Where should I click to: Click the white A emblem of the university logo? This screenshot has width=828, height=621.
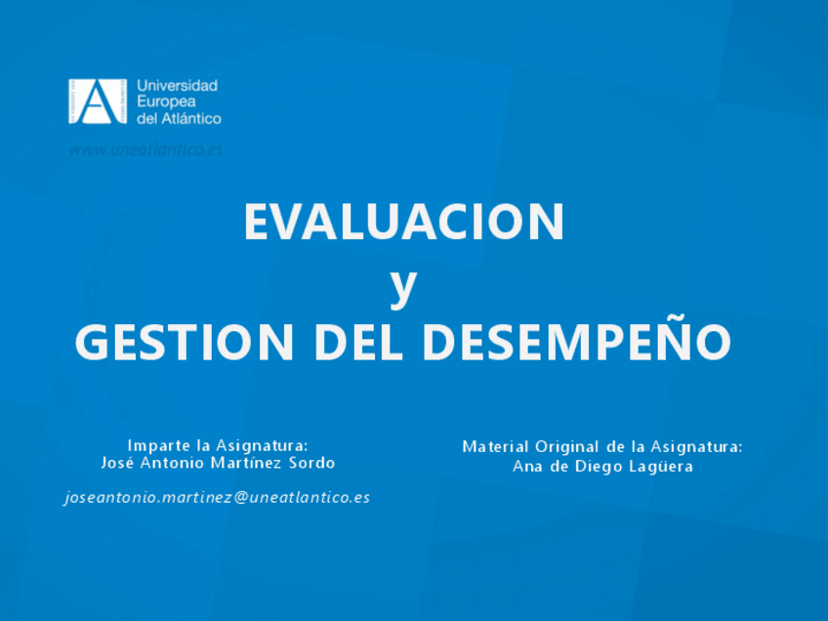tap(98, 102)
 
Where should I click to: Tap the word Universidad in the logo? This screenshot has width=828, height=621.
tap(178, 86)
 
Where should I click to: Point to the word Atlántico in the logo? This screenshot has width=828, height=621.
tap(191, 118)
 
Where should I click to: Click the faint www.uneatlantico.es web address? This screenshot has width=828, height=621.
tap(145, 150)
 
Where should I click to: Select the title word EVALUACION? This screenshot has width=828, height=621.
tap(404, 222)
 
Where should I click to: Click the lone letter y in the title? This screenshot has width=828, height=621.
tap(404, 286)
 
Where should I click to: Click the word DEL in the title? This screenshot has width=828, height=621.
tap(358, 342)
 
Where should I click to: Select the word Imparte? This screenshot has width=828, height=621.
tap(159, 445)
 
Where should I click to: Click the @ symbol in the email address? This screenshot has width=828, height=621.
tap(241, 497)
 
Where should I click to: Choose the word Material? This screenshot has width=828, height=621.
tap(495, 447)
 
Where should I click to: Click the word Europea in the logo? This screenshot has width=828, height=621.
tap(166, 102)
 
